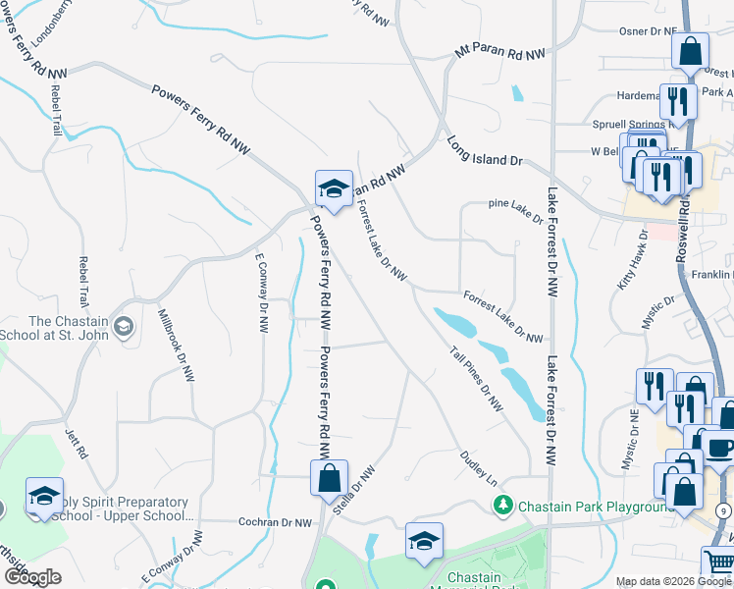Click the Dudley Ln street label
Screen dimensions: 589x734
pyautogui.click(x=479, y=467)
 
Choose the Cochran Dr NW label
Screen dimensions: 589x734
pyautogui.click(x=275, y=522)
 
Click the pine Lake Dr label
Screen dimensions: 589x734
pyautogui.click(x=516, y=205)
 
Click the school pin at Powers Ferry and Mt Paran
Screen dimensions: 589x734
pyautogui.click(x=334, y=189)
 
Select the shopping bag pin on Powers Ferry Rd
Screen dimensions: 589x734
pyautogui.click(x=330, y=479)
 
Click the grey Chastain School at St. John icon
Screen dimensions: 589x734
pyautogui.click(x=124, y=326)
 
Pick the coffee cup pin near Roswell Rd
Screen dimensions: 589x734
pyautogui.click(x=719, y=448)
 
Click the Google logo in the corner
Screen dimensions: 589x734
pyautogui.click(x=31, y=577)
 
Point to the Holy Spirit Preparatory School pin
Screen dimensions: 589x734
pyautogui.click(x=44, y=498)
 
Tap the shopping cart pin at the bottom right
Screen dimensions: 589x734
pyautogui.click(x=717, y=563)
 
